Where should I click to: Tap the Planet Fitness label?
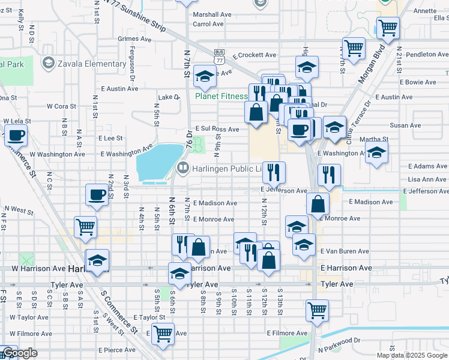click(x=221, y=96)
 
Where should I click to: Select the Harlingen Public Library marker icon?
click(x=183, y=169)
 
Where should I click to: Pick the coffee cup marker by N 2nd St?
click(x=97, y=194)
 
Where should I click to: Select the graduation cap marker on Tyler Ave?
click(x=179, y=273)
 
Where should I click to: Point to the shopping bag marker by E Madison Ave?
click(x=318, y=203)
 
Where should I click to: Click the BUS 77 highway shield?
click(x=220, y=58)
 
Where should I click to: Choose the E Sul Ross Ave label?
click(x=217, y=129)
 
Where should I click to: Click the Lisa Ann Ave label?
click(x=427, y=179)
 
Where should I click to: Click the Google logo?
click(x=20, y=353)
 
